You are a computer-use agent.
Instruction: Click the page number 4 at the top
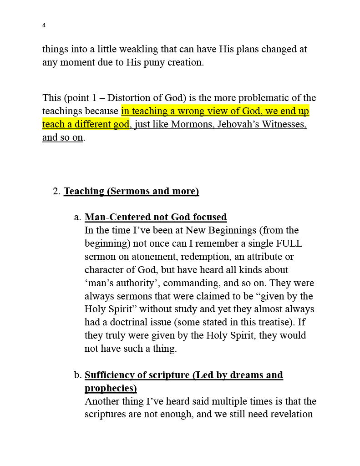(x=44, y=25)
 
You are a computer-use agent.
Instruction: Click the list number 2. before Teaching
(x=56, y=191)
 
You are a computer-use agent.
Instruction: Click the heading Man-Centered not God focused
(x=156, y=217)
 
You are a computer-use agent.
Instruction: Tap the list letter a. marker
(x=77, y=217)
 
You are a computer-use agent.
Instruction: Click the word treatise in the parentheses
(x=270, y=323)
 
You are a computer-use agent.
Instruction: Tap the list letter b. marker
(x=77, y=375)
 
